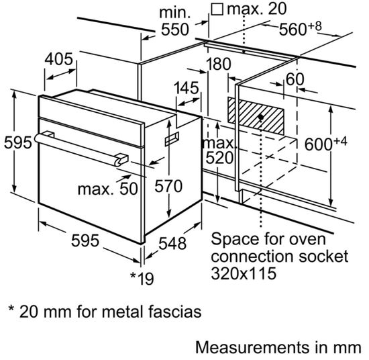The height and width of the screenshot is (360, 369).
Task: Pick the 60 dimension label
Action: tap(295, 79)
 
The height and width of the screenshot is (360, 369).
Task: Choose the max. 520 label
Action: tap(219, 151)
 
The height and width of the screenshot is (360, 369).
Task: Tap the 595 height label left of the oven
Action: tap(14, 143)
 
